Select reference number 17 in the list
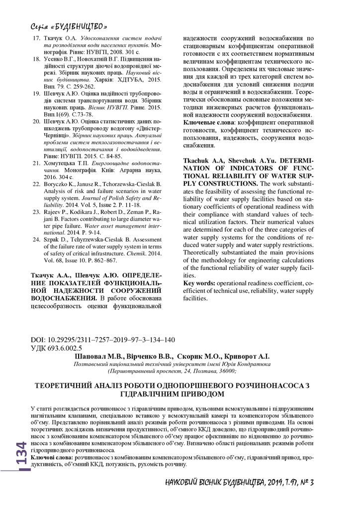point(36,38)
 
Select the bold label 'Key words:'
point(200,283)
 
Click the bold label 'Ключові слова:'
point(52,456)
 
